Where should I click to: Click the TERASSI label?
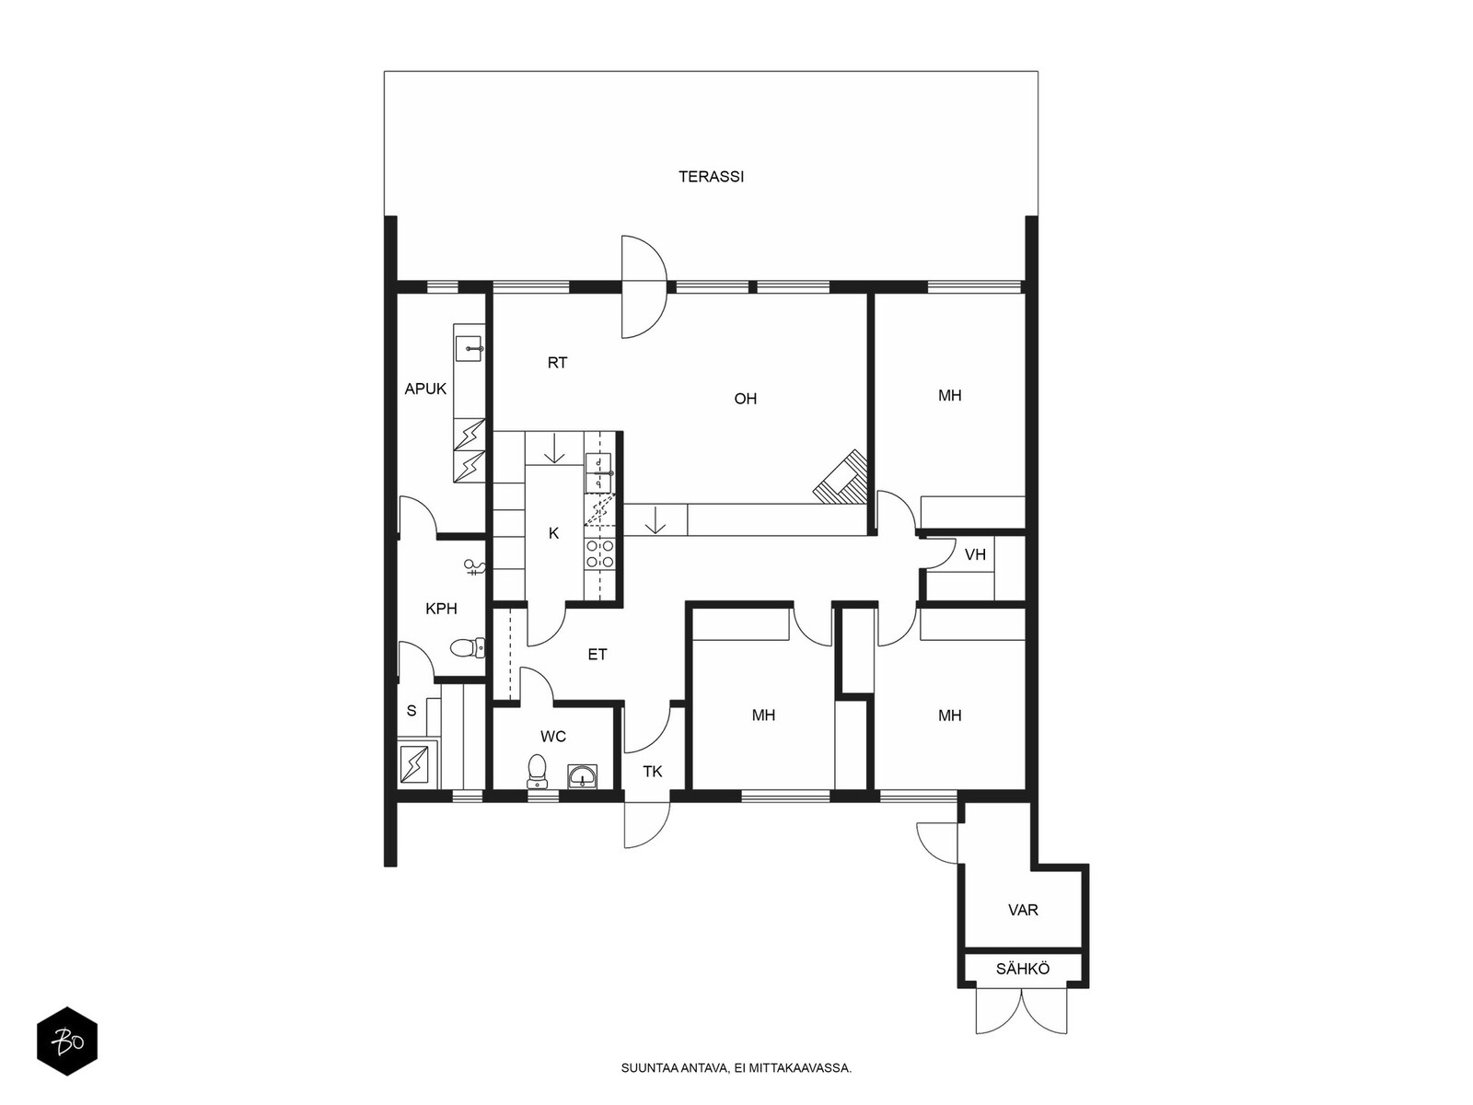point(711,177)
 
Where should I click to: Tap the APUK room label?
point(424,389)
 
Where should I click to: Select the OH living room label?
point(745,400)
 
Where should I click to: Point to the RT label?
point(557,363)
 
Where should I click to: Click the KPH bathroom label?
point(441,609)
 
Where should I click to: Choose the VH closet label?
point(975,555)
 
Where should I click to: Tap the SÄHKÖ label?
point(1023,969)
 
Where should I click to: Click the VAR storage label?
point(1023,911)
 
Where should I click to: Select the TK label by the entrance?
point(653,772)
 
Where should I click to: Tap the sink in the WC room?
point(583,776)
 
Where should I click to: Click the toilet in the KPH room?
point(467,648)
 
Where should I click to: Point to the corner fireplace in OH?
point(841,478)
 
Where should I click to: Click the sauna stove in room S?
point(414,765)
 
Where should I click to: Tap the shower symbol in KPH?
point(474,568)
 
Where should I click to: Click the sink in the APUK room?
point(470,349)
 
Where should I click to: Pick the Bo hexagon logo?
point(67,1041)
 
